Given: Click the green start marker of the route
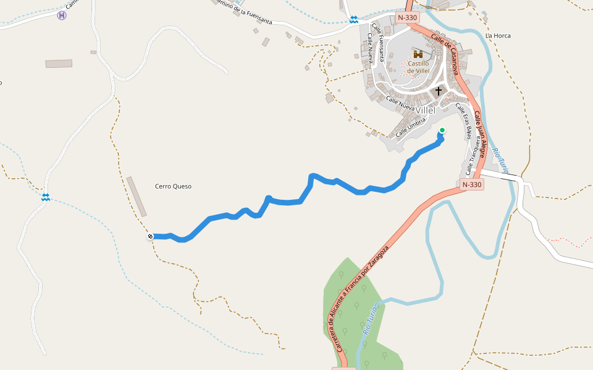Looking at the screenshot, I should tap(442, 130).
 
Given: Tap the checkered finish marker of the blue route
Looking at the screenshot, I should tap(150, 236).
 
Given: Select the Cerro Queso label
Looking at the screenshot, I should tap(173, 186).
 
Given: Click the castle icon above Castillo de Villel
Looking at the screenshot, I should tap(419, 54).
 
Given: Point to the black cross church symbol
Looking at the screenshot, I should tap(439, 91).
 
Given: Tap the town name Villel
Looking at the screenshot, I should tap(426, 110).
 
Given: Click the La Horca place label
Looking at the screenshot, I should tap(498, 36).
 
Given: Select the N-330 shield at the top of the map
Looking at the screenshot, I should tap(408, 17).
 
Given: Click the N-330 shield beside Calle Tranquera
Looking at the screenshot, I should tap(472, 184).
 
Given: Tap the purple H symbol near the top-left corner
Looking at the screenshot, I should tap(61, 15).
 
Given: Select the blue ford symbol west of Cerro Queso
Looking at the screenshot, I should tap(45, 197).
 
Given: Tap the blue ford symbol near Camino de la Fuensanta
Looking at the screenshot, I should tap(353, 20).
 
